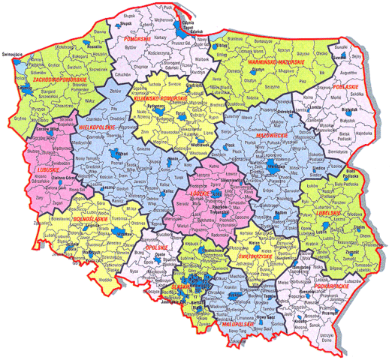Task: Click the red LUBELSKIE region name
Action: [x=328, y=212]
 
